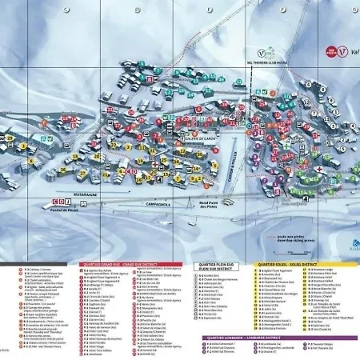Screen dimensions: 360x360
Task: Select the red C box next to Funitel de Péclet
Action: (x=55, y=202)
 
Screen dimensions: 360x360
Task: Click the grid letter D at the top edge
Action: (x=137, y=10)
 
